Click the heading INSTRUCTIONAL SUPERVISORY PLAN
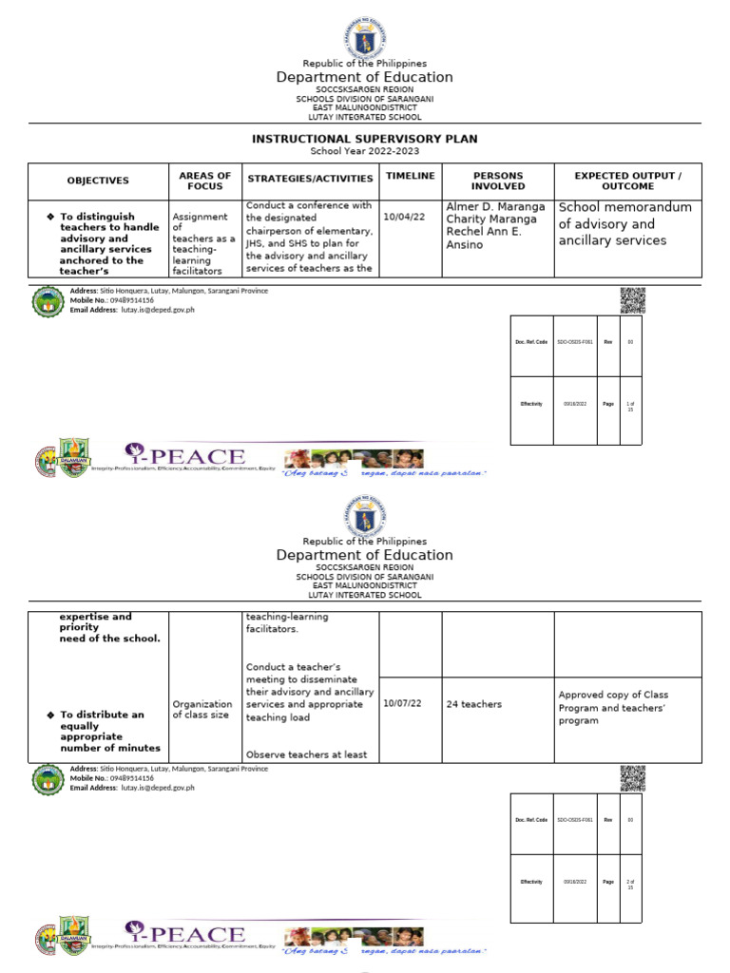coord(364,139)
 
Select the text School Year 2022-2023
coord(364,151)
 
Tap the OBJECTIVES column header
coord(97,181)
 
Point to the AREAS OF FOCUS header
coord(204,181)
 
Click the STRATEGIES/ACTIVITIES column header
coord(311,180)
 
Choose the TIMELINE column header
coord(411,176)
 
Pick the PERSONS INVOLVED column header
coord(498,181)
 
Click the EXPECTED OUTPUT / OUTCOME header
coord(627,181)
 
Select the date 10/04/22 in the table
coord(401,217)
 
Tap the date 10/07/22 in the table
coord(401,704)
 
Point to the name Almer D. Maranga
coord(495,207)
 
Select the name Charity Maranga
coord(491,219)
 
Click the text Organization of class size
coord(201,709)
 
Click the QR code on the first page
coord(632,300)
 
